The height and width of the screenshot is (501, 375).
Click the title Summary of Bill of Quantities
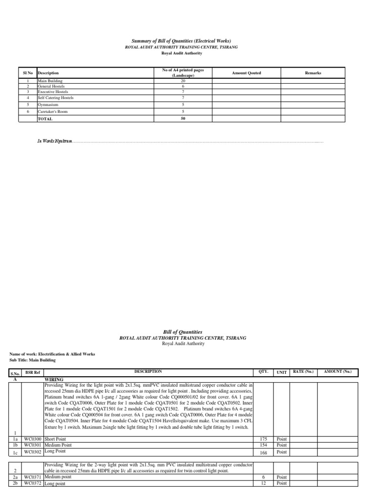182,40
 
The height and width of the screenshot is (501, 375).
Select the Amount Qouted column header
247,73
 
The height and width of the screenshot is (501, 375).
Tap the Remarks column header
313,73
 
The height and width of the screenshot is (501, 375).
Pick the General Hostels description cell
53,86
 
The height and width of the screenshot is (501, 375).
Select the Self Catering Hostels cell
56,97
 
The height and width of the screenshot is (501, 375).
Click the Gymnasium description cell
49,104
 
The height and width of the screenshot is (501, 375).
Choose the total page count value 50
183,118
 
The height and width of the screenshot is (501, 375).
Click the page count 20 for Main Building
183,81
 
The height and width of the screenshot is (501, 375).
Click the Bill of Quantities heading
182,332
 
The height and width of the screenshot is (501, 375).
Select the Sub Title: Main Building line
33,360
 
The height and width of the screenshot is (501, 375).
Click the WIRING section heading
54,379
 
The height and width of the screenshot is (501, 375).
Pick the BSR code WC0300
33,439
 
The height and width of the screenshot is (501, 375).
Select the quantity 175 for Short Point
264,439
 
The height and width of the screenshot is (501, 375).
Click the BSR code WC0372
33,483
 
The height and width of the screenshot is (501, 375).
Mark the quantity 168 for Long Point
264,452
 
